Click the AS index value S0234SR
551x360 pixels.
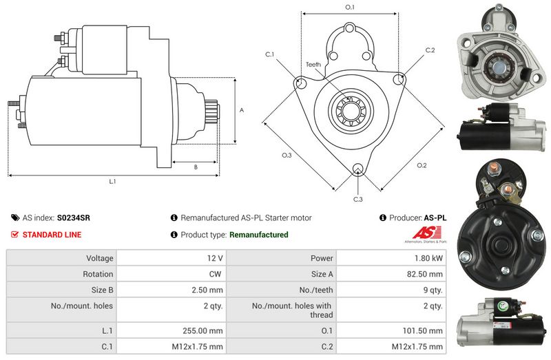pyautogui.click(x=74, y=218)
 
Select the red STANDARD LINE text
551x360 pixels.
pyautogui.click(x=52, y=235)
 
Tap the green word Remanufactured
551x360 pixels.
pyautogui.click(x=259, y=235)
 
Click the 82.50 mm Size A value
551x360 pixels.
pyautogui.click(x=424, y=274)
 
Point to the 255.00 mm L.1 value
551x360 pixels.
pyautogui.click(x=202, y=330)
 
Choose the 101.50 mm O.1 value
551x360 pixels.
pyautogui.click(x=422, y=330)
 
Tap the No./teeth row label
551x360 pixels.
pyautogui.click(x=316, y=290)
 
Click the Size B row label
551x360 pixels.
pyautogui.click(x=102, y=290)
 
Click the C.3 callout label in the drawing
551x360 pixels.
pyautogui.click(x=357, y=199)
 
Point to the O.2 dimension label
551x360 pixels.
pyautogui.click(x=422, y=165)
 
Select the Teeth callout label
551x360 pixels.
pyautogui.click(x=313, y=64)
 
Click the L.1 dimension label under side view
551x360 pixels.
pyautogui.click(x=112, y=181)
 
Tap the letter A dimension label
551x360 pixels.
pyautogui.click(x=242, y=110)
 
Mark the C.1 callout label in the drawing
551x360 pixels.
pyautogui.click(x=269, y=54)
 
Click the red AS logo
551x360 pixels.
pyautogui.click(x=426, y=233)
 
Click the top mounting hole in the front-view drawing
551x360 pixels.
pyautogui.click(x=350, y=28)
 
